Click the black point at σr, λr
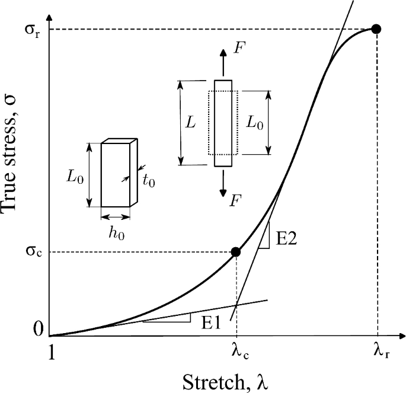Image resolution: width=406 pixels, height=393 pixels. point(375,28)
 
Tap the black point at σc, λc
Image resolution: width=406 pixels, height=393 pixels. point(235,252)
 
